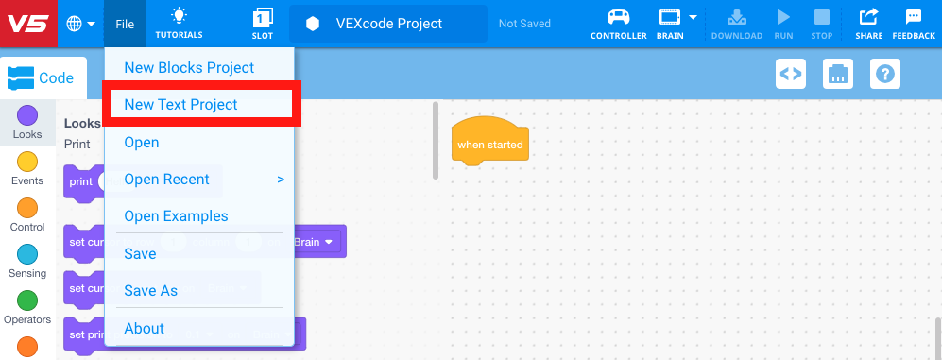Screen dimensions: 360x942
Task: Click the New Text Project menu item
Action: (x=180, y=105)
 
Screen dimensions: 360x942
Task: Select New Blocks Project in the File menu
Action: (x=189, y=68)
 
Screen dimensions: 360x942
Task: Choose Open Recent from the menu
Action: (x=166, y=180)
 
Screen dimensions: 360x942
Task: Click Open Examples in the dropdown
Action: (x=176, y=216)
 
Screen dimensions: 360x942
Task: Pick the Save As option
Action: (x=150, y=291)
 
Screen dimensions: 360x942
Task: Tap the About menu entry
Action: (x=144, y=329)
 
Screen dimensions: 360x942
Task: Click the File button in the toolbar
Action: (x=125, y=24)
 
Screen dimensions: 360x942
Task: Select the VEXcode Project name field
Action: (x=388, y=24)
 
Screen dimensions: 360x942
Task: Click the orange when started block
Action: (x=488, y=145)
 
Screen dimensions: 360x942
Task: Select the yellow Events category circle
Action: (x=27, y=162)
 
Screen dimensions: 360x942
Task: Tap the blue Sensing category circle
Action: (x=27, y=254)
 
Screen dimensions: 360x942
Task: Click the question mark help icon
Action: (x=884, y=74)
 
